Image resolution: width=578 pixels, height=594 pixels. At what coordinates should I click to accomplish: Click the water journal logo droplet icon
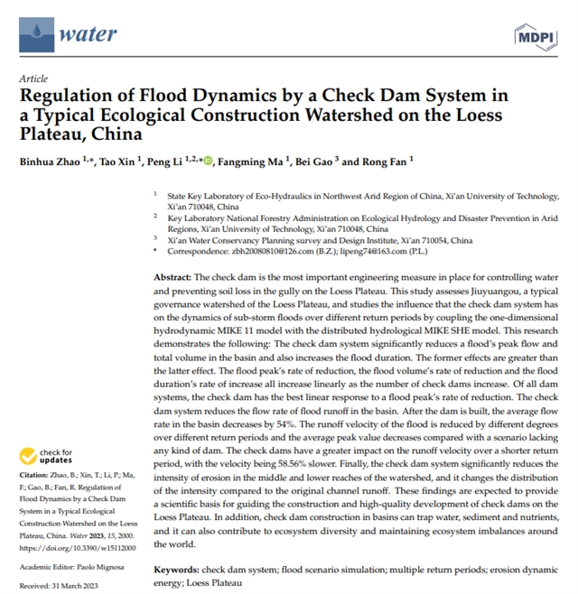pos(35,34)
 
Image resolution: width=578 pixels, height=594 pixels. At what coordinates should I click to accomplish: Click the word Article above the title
pos(33,79)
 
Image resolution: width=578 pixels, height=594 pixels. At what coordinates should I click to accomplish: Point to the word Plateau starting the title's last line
pos(45,134)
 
